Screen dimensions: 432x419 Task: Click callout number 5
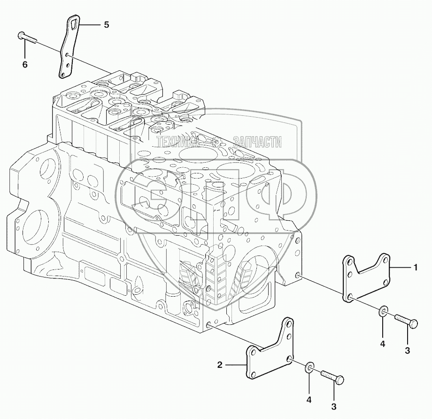click(x=106, y=25)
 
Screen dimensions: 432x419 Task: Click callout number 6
click(x=25, y=65)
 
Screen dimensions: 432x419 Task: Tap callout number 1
click(x=416, y=267)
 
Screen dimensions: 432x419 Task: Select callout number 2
click(x=220, y=365)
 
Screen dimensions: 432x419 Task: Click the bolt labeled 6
click(x=27, y=38)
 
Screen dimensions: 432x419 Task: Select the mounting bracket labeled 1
click(x=366, y=277)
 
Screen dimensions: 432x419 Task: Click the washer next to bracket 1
click(x=383, y=311)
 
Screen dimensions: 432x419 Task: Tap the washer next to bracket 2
click(x=309, y=368)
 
